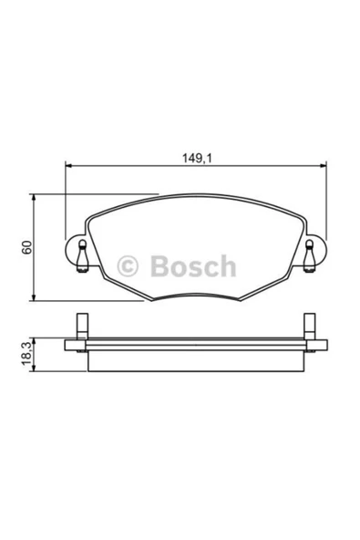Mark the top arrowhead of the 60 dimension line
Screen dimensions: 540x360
(x=36, y=196)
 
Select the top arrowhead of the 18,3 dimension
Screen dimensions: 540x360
(x=36, y=337)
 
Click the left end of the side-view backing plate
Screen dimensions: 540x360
(x=67, y=346)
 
